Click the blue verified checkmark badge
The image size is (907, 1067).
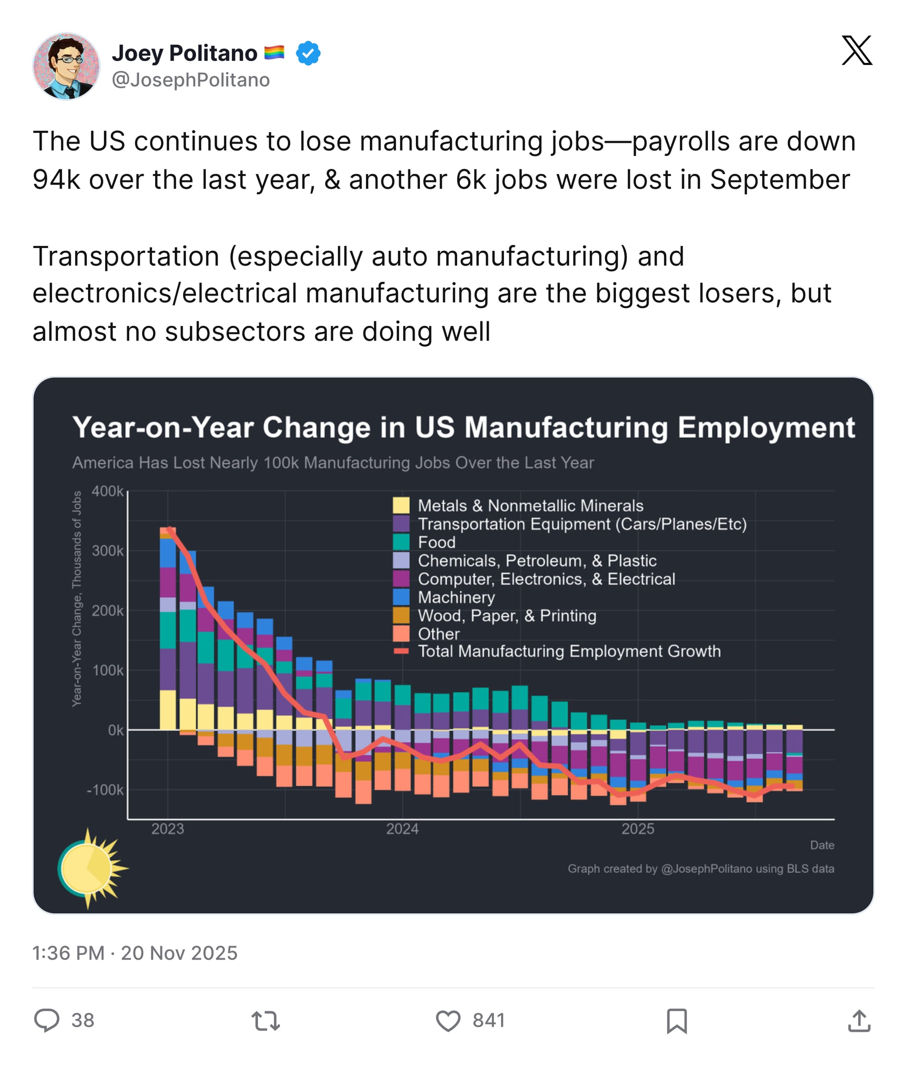[x=308, y=53]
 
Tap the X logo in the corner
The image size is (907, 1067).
[x=857, y=50]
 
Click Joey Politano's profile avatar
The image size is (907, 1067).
[x=66, y=66]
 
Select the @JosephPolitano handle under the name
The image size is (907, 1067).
[x=191, y=80]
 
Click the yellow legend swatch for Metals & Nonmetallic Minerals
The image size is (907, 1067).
[x=401, y=506]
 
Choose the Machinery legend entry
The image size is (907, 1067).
[x=456, y=597]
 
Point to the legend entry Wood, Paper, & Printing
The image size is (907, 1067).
[x=507, y=615]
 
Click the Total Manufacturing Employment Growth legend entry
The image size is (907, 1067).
[x=569, y=651]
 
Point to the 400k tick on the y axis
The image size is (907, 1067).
[x=107, y=491]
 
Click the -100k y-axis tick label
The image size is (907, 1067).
[x=105, y=790]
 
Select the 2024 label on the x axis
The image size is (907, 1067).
[x=402, y=829]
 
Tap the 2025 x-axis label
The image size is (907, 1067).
[x=638, y=829]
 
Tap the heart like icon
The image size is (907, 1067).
[x=448, y=1021]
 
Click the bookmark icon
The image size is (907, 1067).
[x=677, y=1021]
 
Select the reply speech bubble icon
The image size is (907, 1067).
[x=47, y=1020]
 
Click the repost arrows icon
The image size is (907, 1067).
[x=265, y=1021]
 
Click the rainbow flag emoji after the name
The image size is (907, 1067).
[x=274, y=53]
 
